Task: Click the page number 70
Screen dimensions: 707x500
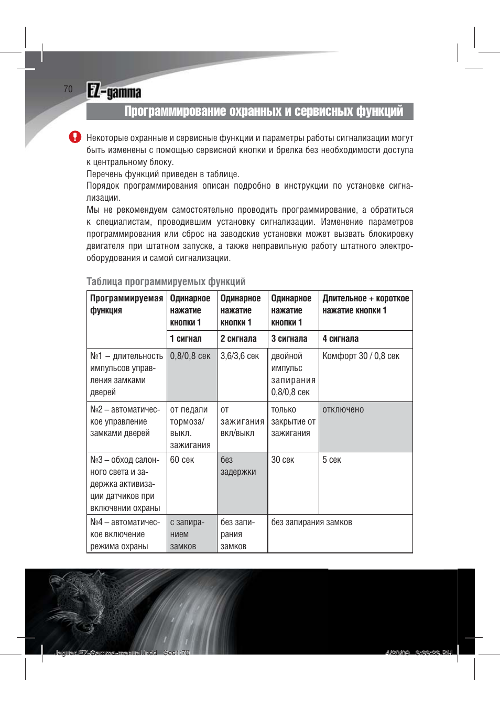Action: [x=68, y=89]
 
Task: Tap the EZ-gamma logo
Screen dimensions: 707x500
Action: [x=114, y=92]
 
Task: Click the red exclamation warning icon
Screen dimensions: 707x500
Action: [x=75, y=137]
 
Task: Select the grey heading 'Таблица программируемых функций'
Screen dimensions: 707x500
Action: [x=166, y=281]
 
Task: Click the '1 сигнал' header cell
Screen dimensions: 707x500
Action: [x=186, y=339]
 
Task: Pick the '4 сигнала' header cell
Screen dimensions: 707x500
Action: [x=341, y=339]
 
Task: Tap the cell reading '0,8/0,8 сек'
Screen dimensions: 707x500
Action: [x=190, y=356]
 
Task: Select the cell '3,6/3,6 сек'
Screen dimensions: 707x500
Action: [x=240, y=356]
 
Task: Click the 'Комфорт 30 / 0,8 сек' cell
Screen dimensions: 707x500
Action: [x=361, y=356]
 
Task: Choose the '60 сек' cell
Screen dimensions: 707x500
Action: [x=182, y=460]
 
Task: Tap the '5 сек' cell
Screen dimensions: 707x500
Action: [x=332, y=460]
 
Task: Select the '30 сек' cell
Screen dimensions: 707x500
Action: [x=282, y=460]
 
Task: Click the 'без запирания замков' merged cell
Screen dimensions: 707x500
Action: [x=311, y=523]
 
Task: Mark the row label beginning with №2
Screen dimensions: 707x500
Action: [x=125, y=421]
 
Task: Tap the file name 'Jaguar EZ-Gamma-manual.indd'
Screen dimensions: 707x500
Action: [x=105, y=652]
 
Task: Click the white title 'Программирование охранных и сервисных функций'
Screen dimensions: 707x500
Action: [x=264, y=111]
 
